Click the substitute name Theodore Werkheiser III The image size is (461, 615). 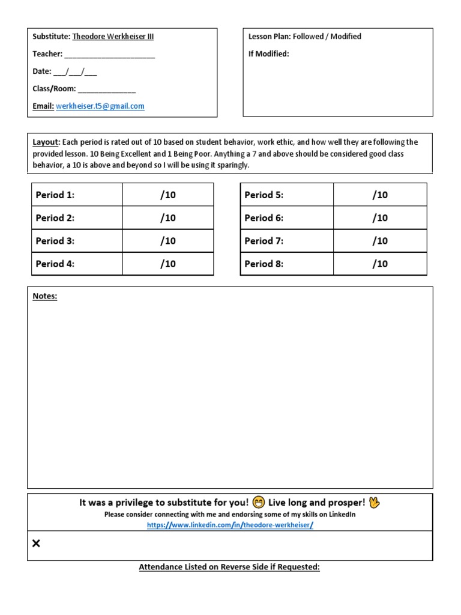point(113,37)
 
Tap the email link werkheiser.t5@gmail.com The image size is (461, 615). point(100,106)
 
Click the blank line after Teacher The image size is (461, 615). point(109,55)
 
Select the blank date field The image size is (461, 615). point(75,71)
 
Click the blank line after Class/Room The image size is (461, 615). point(107,89)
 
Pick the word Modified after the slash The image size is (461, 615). point(345,37)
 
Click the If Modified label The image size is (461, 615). point(269,54)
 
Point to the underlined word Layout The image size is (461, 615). point(46,142)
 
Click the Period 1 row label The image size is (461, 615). point(55,195)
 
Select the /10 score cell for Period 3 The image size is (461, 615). point(168,241)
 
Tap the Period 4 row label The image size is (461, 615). point(55,264)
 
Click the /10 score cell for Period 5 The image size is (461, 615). point(380,195)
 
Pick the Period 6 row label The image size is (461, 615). point(264,218)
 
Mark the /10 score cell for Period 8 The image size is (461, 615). point(380,264)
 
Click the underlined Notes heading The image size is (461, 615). point(45,296)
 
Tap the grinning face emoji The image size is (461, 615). point(259,503)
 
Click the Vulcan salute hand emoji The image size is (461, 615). point(375,503)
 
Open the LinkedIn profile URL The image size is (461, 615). point(230,525)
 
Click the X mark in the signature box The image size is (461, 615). point(36,544)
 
